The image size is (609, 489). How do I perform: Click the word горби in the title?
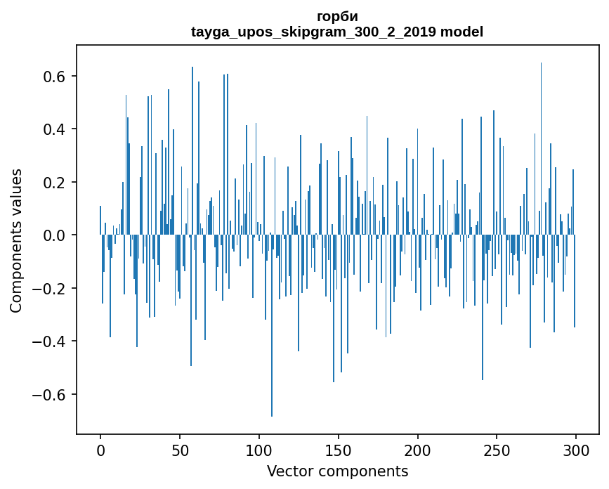pos(337,17)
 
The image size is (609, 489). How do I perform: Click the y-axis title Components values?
pos(16,240)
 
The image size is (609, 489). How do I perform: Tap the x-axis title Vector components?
pos(337,471)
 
